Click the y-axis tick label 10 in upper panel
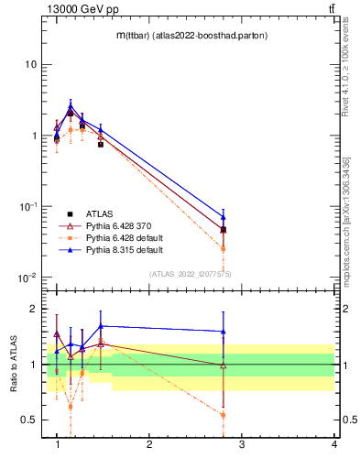pos(30,65)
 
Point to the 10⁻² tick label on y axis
pos(27,278)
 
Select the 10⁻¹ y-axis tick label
pos(27,207)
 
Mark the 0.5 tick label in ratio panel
pos(28,420)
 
